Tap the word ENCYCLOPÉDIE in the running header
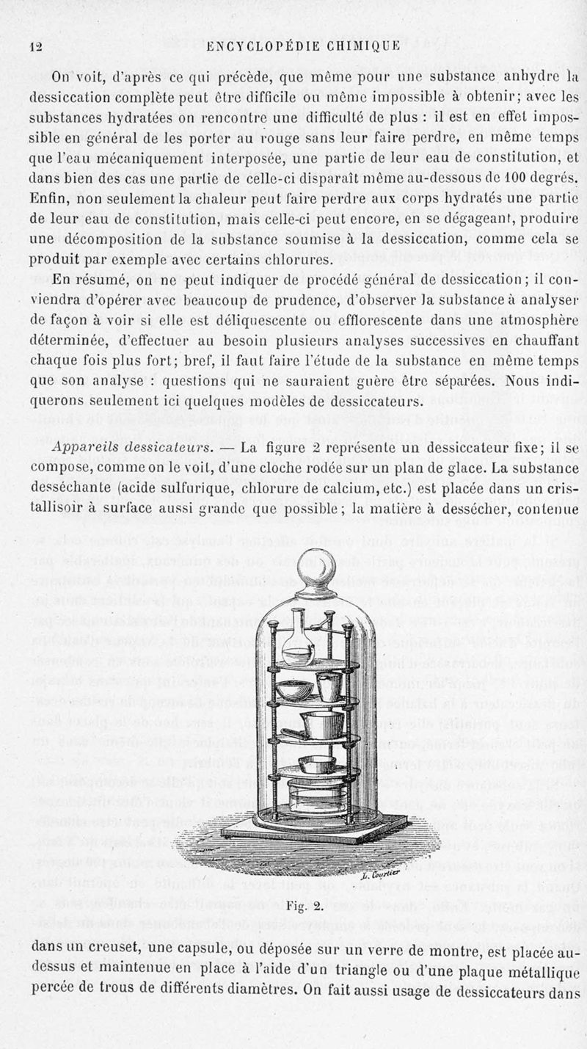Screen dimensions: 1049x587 [257, 46]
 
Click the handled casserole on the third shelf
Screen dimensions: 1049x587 [316, 727]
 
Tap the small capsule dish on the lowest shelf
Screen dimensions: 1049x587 [321, 764]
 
